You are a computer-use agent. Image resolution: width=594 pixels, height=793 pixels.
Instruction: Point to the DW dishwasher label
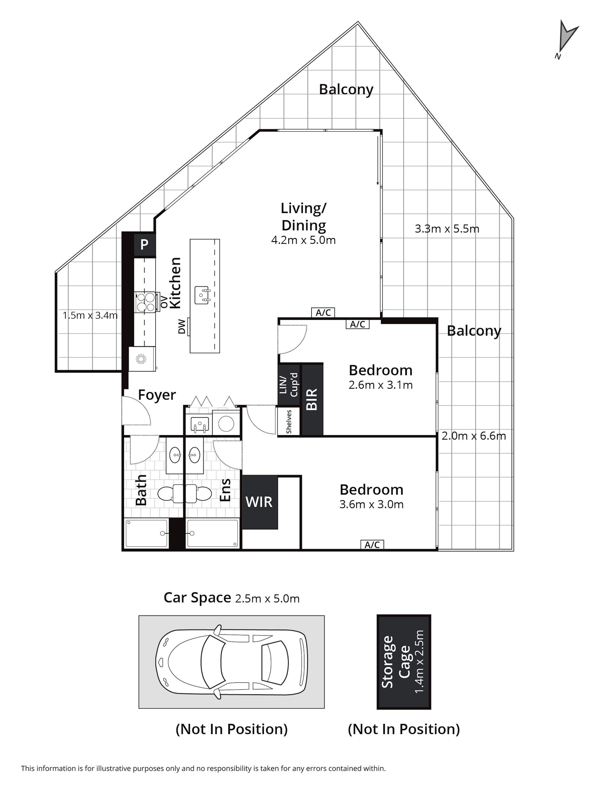coord(182,327)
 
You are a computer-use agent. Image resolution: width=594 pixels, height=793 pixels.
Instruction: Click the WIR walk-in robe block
coord(260,502)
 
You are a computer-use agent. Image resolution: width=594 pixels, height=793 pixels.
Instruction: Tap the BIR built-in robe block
coord(312,399)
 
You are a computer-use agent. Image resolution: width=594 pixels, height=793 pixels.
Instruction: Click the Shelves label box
coord(289,422)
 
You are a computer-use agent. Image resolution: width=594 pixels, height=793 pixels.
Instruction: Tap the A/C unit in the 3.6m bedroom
coord(372,545)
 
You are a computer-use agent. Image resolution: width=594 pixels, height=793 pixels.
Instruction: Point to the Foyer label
coord(157,395)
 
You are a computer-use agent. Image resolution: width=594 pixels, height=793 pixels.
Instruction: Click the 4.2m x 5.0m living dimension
coord(303,240)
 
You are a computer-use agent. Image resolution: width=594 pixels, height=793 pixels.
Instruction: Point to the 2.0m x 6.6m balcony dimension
coord(474,436)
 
